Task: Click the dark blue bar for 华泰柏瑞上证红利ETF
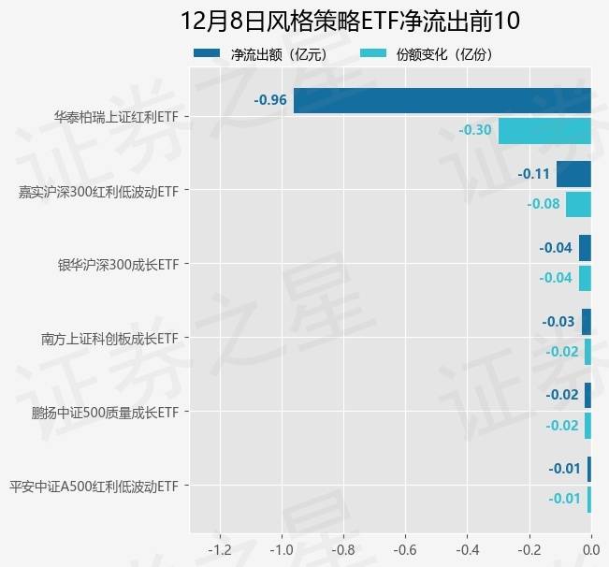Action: pyautogui.click(x=442, y=100)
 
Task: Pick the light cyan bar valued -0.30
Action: pyautogui.click(x=544, y=130)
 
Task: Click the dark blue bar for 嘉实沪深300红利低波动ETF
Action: pyautogui.click(x=573, y=174)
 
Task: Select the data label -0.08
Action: pyautogui.click(x=544, y=204)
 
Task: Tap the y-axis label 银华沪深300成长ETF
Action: pyautogui.click(x=118, y=265)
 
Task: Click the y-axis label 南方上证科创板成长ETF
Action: pyautogui.click(x=110, y=338)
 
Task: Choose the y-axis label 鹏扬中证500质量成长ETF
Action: pyautogui.click(x=106, y=412)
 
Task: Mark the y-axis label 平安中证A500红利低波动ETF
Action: pyautogui.click(x=94, y=487)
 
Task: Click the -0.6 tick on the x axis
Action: pyautogui.click(x=405, y=549)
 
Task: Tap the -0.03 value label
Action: pyautogui.click(x=558, y=322)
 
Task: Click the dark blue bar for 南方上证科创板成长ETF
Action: pyautogui.click(x=587, y=322)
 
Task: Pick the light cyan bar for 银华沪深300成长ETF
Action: pyautogui.click(x=585, y=278)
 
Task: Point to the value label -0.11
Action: pyautogui.click(x=534, y=174)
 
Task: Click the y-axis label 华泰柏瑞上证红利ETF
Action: pyautogui.click(x=116, y=118)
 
